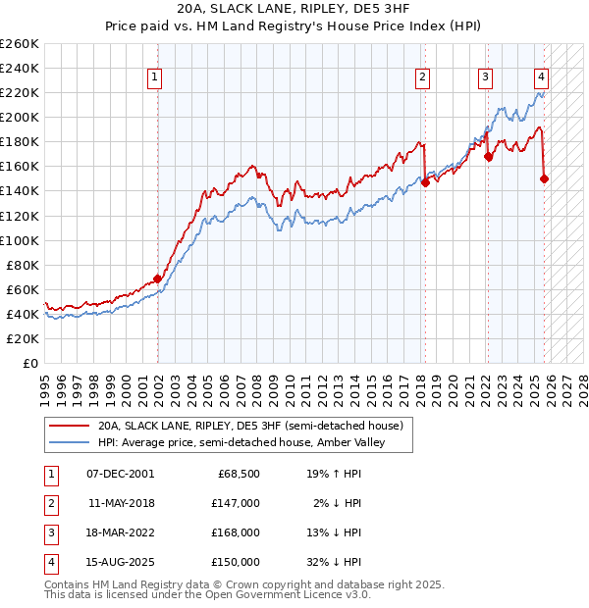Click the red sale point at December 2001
click(x=157, y=279)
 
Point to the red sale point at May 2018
click(x=425, y=181)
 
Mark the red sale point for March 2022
click(x=488, y=156)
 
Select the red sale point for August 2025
click(x=544, y=178)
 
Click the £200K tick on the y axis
click(x=19, y=117)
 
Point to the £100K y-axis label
click(x=19, y=240)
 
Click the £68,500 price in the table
click(x=239, y=474)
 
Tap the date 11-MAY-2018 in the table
click(x=121, y=503)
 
